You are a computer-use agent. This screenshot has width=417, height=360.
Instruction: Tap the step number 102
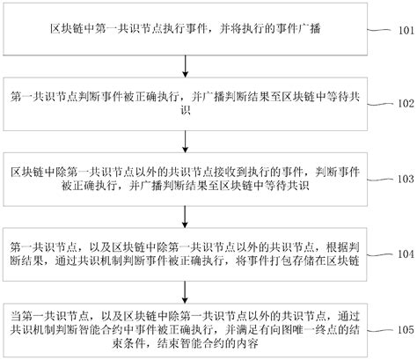click(x=402, y=102)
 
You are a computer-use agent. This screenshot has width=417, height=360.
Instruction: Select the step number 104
click(x=402, y=254)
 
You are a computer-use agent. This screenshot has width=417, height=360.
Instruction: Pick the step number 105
click(x=402, y=330)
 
